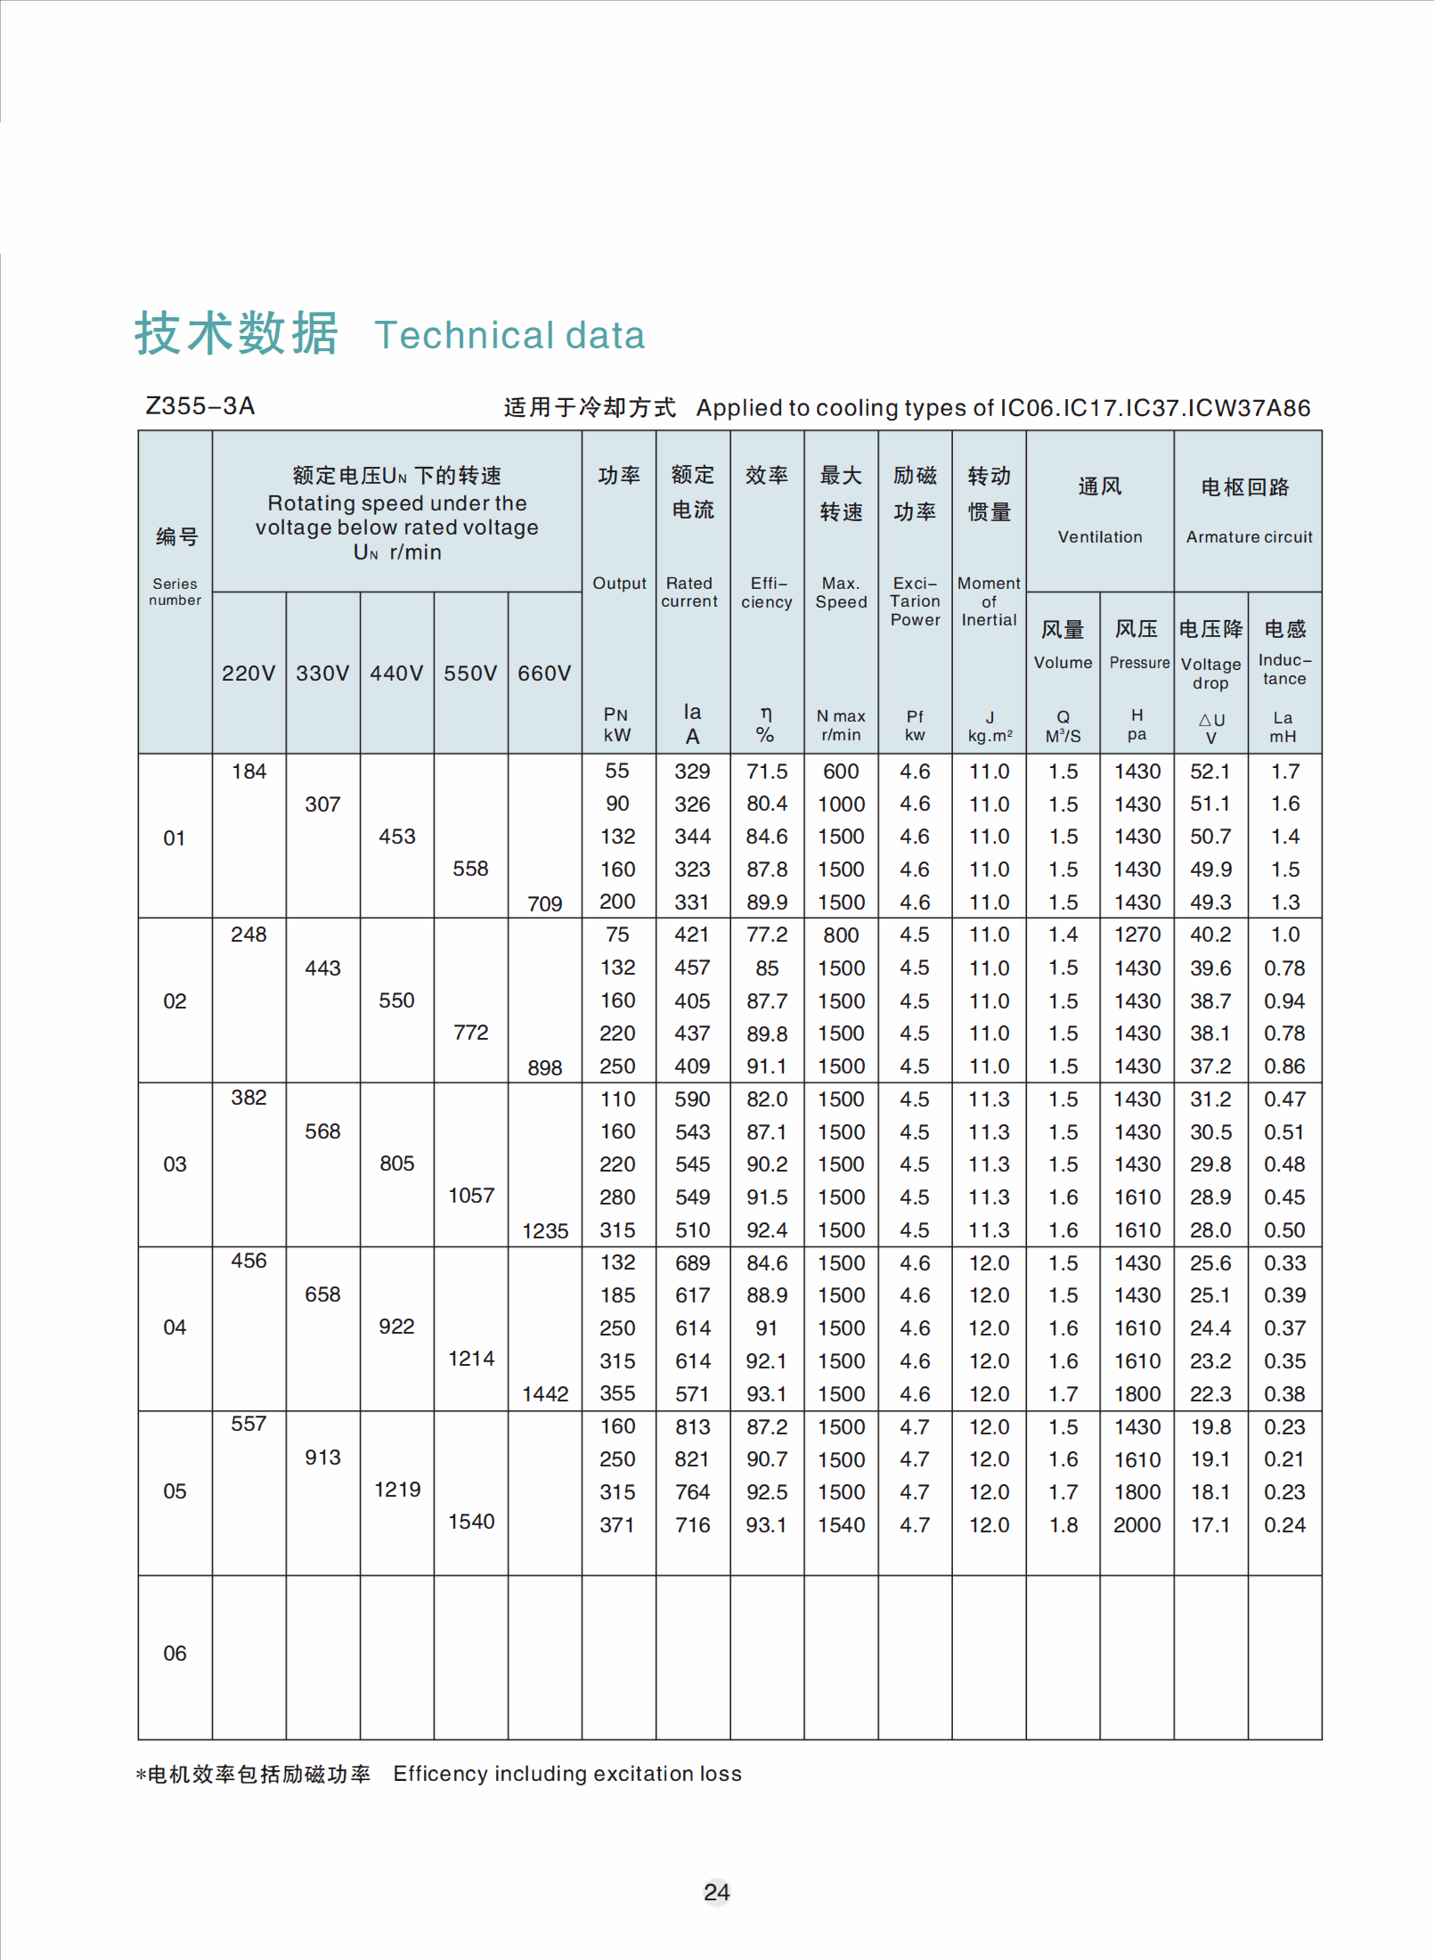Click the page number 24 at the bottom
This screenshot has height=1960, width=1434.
pos(716,1891)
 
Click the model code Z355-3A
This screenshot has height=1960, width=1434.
pos(200,406)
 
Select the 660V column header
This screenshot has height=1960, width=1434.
pos(544,674)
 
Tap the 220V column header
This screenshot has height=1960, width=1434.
pos(249,674)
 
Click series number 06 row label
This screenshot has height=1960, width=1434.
pos(175,1654)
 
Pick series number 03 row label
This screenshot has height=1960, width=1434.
pos(175,1164)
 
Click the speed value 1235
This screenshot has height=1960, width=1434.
pos(544,1231)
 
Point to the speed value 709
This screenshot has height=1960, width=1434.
pos(544,903)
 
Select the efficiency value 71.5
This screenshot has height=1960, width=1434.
pos(766,772)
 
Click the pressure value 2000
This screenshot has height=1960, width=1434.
pos(1137,1525)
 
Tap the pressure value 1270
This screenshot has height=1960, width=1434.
pos(1137,935)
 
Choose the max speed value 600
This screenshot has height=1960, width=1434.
pos(841,772)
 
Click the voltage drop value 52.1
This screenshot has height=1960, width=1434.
pos(1210,772)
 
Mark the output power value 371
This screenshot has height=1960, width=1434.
pos(616,1525)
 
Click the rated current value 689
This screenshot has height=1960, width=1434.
pos(692,1263)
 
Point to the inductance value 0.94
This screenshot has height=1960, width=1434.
pos(1283,1001)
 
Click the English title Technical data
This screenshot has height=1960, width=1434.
pos(509,336)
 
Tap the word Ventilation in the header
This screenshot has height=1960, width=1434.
pos(1099,537)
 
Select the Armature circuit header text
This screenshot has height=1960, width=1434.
pos(1249,537)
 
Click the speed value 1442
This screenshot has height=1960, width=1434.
pos(544,1394)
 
